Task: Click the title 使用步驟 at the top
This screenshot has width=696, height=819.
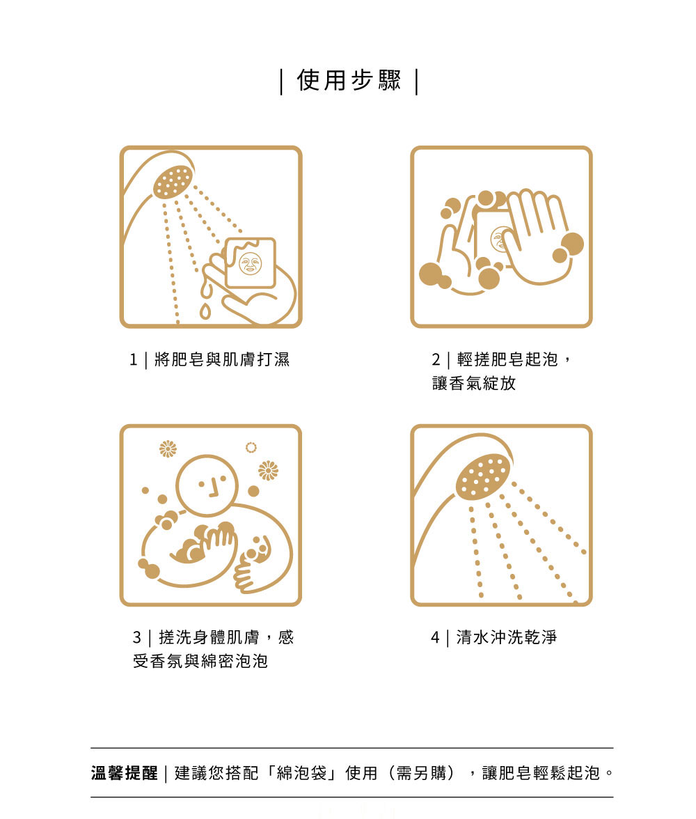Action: tap(349, 81)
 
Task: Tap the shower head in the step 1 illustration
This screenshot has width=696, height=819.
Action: tap(173, 182)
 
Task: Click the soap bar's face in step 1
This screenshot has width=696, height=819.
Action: tap(250, 263)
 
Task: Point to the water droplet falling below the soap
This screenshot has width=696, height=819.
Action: tap(205, 312)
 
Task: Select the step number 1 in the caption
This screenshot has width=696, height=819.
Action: tap(134, 360)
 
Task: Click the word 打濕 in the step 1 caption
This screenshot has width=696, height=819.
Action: tap(274, 359)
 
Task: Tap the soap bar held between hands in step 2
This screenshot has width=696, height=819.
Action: tap(492, 235)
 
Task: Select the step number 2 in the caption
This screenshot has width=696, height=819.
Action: tap(436, 360)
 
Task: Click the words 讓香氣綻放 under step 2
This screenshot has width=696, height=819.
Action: tap(474, 383)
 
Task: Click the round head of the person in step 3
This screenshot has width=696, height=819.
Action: tap(207, 485)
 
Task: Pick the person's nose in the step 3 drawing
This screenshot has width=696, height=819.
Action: tap(214, 489)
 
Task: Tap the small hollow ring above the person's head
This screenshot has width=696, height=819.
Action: tap(251, 448)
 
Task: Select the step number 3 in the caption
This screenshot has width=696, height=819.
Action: tap(137, 638)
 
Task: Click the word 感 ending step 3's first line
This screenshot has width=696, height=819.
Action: tap(286, 637)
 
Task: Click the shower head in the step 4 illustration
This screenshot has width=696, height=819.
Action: tap(484, 475)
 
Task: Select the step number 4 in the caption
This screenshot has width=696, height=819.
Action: tap(436, 638)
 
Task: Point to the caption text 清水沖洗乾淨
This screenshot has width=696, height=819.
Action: tap(507, 637)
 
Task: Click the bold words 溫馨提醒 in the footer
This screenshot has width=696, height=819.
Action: tap(125, 773)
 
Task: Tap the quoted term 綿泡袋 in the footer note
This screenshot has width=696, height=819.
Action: tap(302, 773)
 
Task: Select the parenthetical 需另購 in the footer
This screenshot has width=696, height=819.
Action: tap(421, 773)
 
